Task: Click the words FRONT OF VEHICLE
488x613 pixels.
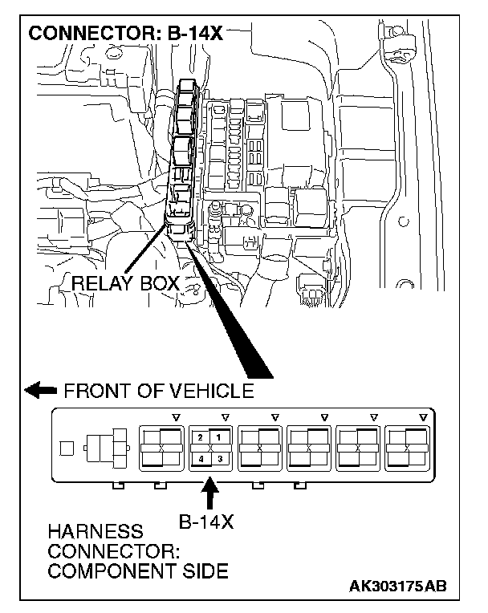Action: coord(158,392)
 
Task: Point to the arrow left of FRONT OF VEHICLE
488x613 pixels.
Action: coord(40,392)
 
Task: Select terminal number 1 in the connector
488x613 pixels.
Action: coord(218,436)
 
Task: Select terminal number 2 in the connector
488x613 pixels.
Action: coord(200,436)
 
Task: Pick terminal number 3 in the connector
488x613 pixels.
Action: coord(218,458)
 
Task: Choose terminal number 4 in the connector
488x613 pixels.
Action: coord(200,458)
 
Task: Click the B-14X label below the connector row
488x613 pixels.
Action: coord(205,522)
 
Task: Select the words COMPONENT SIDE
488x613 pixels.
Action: coord(137,570)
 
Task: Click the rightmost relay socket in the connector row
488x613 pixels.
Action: coord(409,447)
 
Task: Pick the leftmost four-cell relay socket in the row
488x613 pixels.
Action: coord(161,447)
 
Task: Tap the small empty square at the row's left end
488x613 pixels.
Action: coord(68,447)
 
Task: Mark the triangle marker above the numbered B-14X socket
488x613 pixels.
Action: coord(225,418)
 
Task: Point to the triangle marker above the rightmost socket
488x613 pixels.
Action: coord(424,418)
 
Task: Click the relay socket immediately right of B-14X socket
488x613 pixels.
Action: coord(260,447)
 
